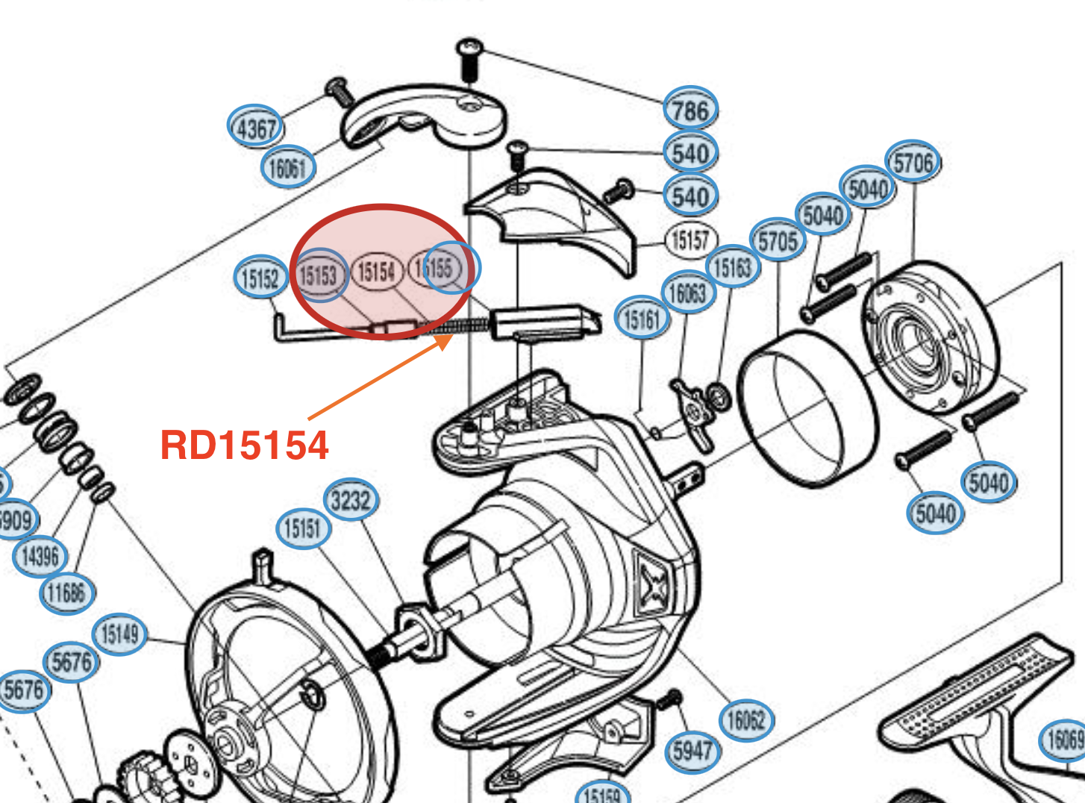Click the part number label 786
pos(690,110)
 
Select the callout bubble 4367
pos(256,128)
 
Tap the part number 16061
pos(287,167)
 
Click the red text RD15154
pos(244,446)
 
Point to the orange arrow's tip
pos(450,338)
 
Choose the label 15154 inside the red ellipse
pos(376,271)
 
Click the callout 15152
pos(260,278)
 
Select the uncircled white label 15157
pos(690,240)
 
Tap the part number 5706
pos(913,162)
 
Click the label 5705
pos(778,241)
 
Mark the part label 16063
pos(687,293)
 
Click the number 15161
pos(642,319)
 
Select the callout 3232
pos(351,500)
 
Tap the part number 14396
pos(40,556)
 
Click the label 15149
pos(119,634)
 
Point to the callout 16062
pos(746,719)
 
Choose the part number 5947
pos(692,750)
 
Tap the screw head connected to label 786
pos(469,49)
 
